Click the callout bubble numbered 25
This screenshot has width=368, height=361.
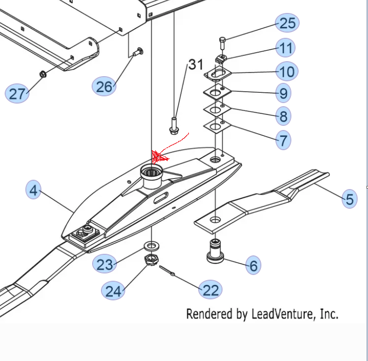[287, 23]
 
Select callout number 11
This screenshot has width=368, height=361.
[285, 48]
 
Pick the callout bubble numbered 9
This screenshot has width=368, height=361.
[283, 93]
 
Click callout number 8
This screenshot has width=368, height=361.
[283, 116]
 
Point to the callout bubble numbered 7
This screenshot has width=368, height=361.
[283, 139]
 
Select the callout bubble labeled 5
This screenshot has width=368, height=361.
[349, 198]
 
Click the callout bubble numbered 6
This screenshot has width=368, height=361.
[253, 266]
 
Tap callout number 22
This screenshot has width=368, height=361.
[211, 290]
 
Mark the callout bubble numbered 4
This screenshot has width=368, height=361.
[34, 191]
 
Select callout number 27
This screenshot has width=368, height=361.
[17, 94]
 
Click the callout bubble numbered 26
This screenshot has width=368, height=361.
[104, 86]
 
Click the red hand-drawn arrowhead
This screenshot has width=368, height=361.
[158, 156]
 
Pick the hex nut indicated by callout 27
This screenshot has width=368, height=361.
[43, 74]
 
